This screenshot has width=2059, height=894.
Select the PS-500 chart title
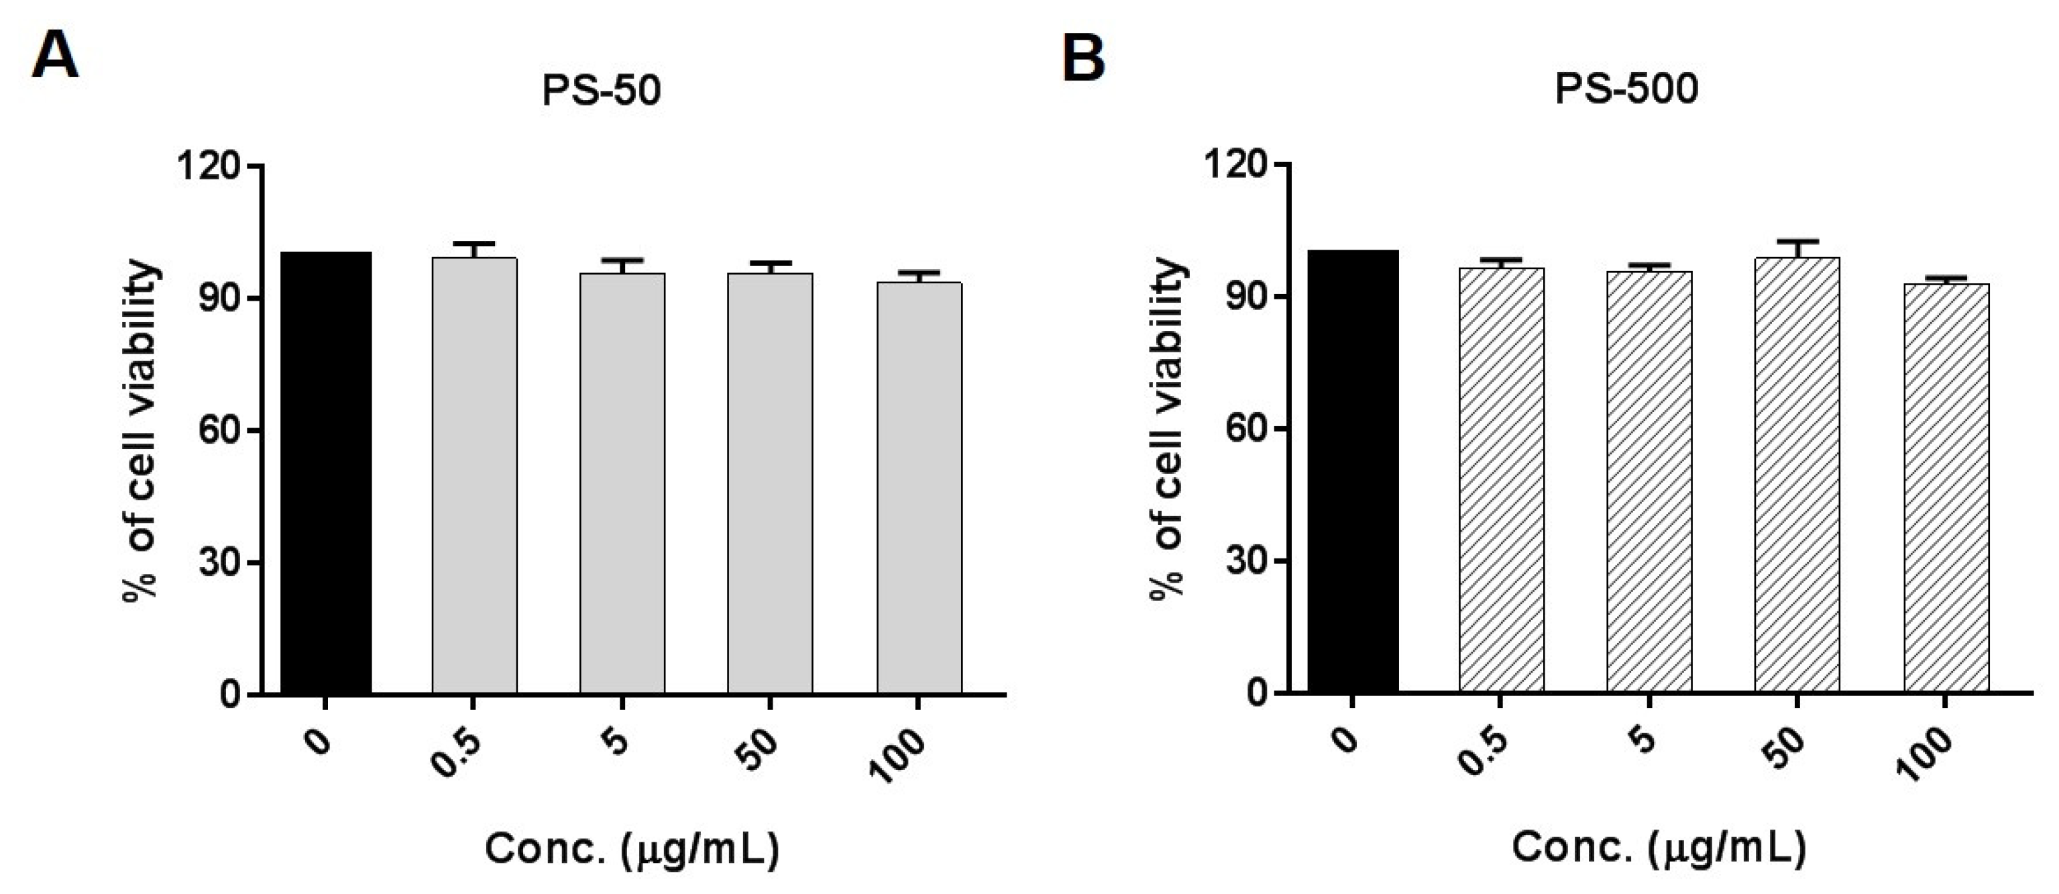(x=1626, y=89)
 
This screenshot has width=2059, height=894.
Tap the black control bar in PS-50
(x=325, y=472)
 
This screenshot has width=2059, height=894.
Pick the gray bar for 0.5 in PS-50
(x=474, y=475)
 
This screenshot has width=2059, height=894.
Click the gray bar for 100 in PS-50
(x=920, y=488)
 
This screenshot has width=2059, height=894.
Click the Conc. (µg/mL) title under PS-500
(x=1659, y=847)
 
